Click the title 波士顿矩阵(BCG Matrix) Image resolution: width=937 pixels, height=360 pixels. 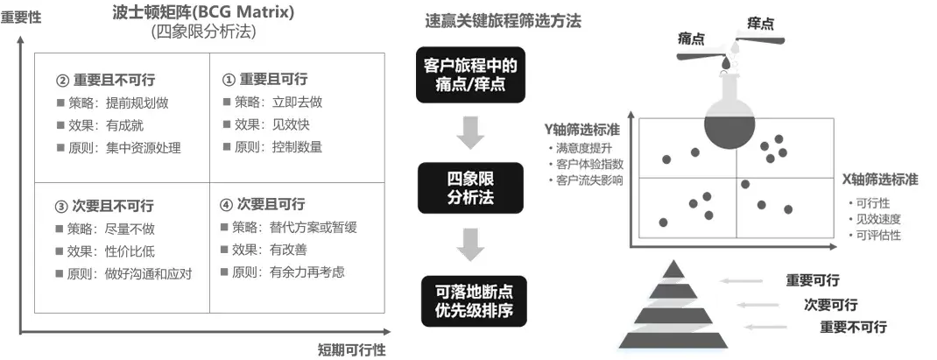point(203,12)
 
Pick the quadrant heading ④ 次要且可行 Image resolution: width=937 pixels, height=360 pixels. point(263,204)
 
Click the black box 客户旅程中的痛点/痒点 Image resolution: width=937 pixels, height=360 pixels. point(470,75)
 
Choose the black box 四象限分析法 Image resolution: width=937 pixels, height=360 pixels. point(470,187)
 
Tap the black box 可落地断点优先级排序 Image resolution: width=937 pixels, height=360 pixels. point(470,300)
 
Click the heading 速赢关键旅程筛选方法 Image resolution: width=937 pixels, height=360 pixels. point(503,21)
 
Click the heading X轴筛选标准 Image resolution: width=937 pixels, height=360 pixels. point(880,179)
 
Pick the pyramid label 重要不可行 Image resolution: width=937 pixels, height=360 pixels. point(852,327)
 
